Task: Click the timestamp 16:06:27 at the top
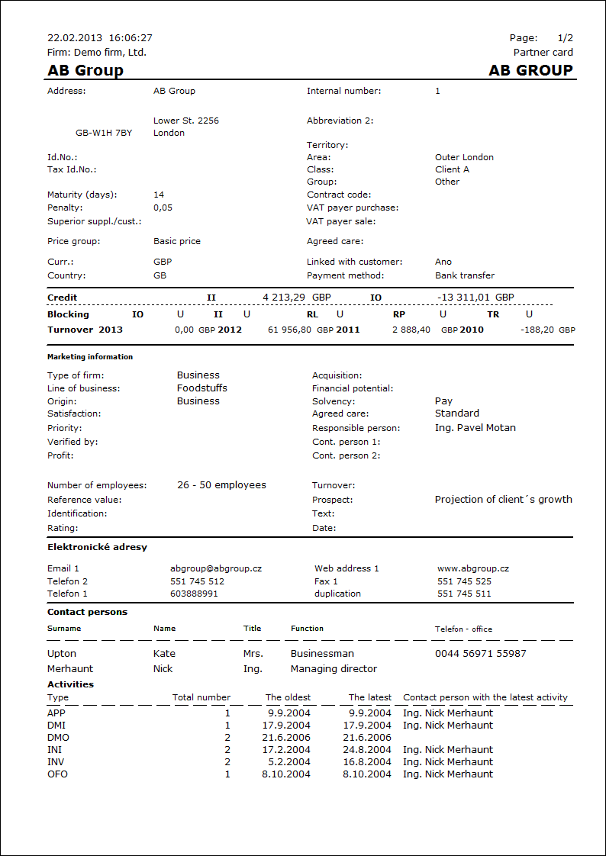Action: pyautogui.click(x=131, y=37)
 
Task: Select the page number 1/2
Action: pyautogui.click(x=565, y=37)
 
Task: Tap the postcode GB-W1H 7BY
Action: pyautogui.click(x=104, y=133)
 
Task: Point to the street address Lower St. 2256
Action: pyautogui.click(x=186, y=121)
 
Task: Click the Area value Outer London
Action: pyautogui.click(x=464, y=157)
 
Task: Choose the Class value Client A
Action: pyautogui.click(x=452, y=169)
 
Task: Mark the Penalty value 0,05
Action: pyautogui.click(x=163, y=208)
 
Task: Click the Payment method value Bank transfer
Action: pyautogui.click(x=464, y=275)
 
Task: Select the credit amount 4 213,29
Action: pyautogui.click(x=284, y=298)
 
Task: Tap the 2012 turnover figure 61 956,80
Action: pyautogui.click(x=289, y=330)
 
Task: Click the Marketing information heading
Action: pyautogui.click(x=90, y=357)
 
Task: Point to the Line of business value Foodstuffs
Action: pyautogui.click(x=201, y=388)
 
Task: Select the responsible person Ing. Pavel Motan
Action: pyautogui.click(x=475, y=428)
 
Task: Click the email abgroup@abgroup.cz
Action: pyautogui.click(x=216, y=568)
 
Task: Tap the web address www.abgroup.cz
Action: pyautogui.click(x=473, y=568)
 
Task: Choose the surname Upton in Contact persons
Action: pyautogui.click(x=62, y=654)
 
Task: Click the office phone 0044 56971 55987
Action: pyautogui.click(x=480, y=654)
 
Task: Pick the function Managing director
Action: pyautogui.click(x=334, y=669)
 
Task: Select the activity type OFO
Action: pyautogui.click(x=57, y=774)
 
